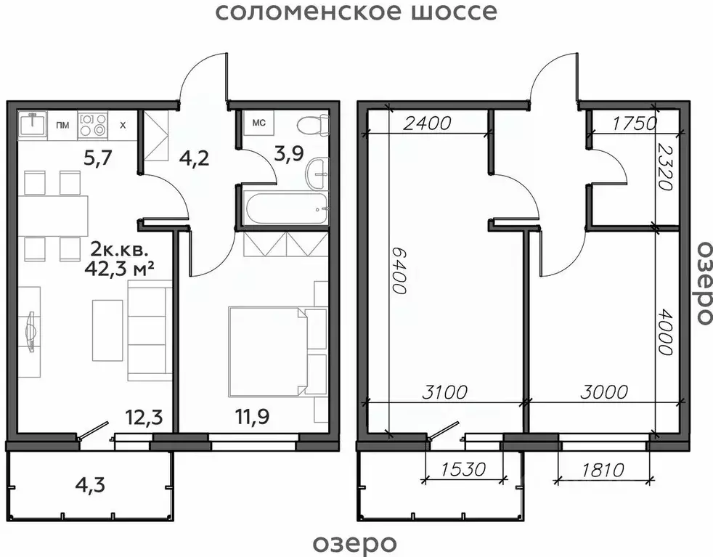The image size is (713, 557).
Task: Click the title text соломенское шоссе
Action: click(356, 12)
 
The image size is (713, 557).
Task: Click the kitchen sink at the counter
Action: click(32, 124)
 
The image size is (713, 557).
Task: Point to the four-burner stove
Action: click(92, 124)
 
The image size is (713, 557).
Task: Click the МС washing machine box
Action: click(258, 123)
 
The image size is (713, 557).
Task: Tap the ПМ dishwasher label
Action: click(62, 125)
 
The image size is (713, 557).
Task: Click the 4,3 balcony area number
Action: click(90, 484)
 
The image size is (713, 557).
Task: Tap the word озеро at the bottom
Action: click(356, 542)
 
